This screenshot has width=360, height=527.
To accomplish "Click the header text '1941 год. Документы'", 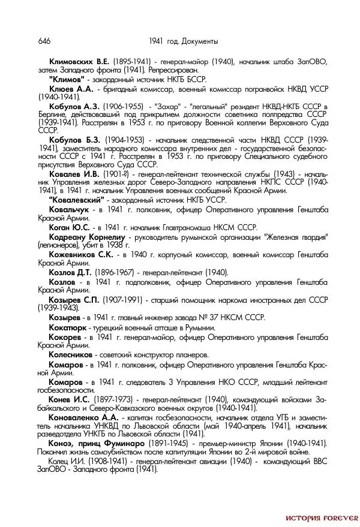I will (182, 41).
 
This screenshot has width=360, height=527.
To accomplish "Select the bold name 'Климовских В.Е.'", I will (80, 62).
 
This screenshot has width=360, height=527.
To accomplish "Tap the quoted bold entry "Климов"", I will (67, 79).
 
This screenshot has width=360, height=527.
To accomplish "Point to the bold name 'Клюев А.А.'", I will (71, 88).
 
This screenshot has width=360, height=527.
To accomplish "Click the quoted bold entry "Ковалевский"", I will (77, 200).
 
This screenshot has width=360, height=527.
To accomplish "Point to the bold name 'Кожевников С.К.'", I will (81, 254).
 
